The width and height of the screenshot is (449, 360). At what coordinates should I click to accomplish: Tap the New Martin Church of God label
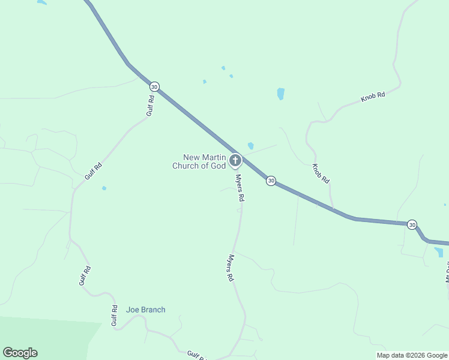[x=199, y=161]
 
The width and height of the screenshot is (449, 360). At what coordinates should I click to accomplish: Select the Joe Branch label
[x=145, y=310]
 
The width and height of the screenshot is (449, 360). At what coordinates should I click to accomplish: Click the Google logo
[x=20, y=353]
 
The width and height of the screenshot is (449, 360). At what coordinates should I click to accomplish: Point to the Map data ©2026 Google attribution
[x=412, y=355]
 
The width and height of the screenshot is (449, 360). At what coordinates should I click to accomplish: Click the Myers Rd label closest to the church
[x=240, y=188]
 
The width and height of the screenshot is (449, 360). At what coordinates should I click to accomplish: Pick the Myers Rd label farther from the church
[x=230, y=268]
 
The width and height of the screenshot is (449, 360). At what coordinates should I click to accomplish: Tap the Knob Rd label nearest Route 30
[x=321, y=173]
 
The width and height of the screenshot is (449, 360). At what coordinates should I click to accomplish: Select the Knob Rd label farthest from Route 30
[x=372, y=97]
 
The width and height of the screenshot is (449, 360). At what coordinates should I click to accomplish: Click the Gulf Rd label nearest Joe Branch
[x=114, y=316]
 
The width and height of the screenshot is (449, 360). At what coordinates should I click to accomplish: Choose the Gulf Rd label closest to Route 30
[x=151, y=106]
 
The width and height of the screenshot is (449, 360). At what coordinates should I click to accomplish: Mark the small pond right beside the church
[x=250, y=146]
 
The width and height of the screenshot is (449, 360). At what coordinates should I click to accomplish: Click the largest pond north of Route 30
[x=280, y=94]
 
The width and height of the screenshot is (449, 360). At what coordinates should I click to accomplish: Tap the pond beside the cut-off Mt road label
[x=438, y=252]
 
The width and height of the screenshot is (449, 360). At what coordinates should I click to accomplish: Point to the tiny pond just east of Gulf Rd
[x=104, y=188]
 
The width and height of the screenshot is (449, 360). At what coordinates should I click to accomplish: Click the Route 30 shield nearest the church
[x=271, y=181]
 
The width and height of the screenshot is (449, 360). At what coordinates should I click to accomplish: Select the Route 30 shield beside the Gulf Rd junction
[x=154, y=87]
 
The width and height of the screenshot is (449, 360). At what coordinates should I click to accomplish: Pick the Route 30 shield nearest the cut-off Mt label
[x=411, y=224]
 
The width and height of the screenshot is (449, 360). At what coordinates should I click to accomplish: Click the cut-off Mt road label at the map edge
[x=447, y=271]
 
